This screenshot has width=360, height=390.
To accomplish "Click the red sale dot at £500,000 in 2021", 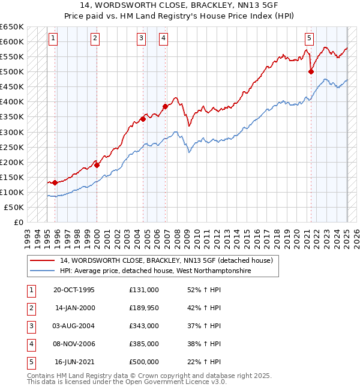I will [311, 72].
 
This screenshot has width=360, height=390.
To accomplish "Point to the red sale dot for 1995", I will [55, 182].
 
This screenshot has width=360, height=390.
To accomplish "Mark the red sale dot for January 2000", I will [97, 165].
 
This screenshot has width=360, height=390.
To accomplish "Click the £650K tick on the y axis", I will [13, 27].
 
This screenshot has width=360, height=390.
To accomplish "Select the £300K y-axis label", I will [13, 132].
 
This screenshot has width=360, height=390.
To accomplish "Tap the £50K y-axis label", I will [14, 207].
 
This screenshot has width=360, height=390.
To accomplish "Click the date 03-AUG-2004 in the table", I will [74, 326].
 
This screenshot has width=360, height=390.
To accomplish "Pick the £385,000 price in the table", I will [144, 344].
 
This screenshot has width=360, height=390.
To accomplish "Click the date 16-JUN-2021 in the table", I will [74, 362].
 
